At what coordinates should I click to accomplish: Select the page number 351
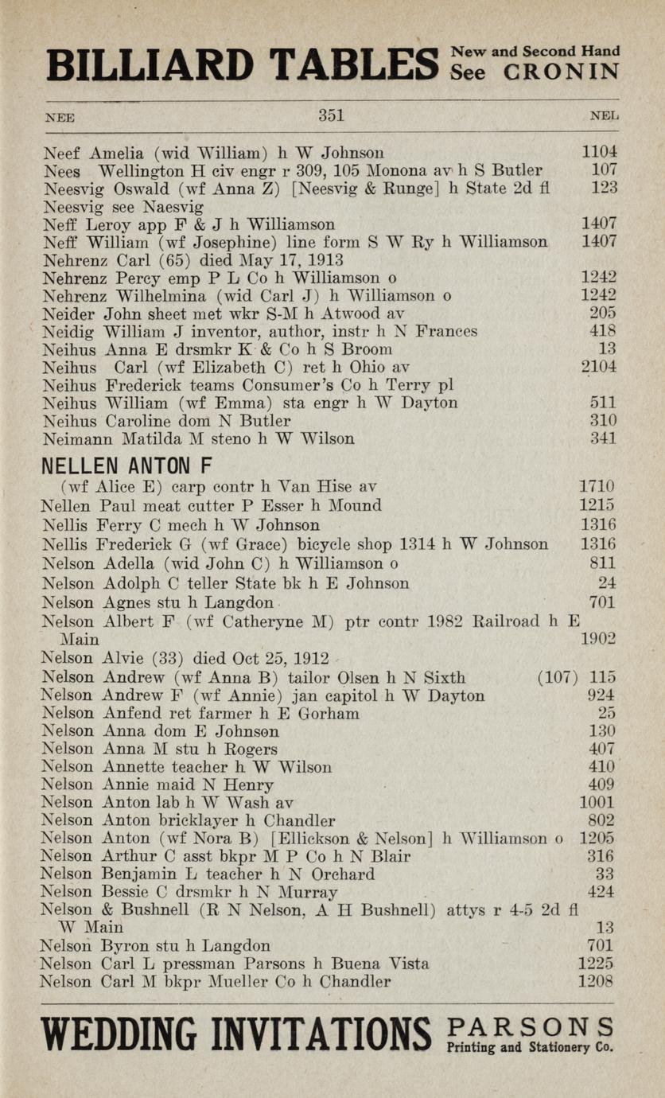pyautogui.click(x=331, y=115)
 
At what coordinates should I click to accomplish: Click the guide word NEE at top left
pyautogui.click(x=60, y=117)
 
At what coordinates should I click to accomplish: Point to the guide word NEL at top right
pyautogui.click(x=605, y=116)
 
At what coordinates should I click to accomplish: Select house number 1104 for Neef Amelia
pyautogui.click(x=599, y=152)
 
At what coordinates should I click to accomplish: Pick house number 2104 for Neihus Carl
pyautogui.click(x=599, y=367)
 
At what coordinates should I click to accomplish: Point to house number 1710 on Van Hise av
pyautogui.click(x=597, y=486)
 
